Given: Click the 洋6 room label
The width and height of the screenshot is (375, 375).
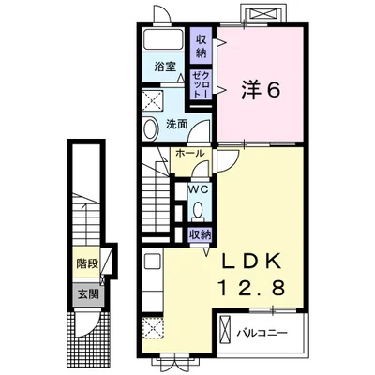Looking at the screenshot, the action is coord(260,91).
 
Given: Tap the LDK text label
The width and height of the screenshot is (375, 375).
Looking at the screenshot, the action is coord(250,262).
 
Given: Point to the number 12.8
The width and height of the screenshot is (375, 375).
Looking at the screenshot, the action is coord(251,287).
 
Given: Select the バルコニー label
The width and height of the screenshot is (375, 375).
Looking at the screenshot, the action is coord(262,333).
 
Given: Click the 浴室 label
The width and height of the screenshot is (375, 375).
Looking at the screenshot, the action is coord(165,67).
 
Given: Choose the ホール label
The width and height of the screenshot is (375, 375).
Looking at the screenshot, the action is coord(190,154).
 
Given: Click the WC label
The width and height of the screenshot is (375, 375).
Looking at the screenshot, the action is coord(198,190).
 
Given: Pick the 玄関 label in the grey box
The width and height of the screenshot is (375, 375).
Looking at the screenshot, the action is coord(88,294).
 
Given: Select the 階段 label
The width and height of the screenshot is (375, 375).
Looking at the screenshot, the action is coord(87,264).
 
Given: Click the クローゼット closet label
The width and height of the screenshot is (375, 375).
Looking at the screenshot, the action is coord(202,84).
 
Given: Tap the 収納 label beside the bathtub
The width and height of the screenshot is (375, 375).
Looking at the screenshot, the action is coord(202,46).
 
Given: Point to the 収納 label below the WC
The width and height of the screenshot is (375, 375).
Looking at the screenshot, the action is coord(200,234).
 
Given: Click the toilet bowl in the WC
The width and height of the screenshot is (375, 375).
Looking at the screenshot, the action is coord(198,210).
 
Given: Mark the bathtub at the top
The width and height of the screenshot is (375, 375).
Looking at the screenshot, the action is coord(164,39).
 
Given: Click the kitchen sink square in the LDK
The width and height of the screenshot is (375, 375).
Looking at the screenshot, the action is coord(152,261).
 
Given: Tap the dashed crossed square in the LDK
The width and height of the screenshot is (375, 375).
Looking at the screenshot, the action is coord(153,328).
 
